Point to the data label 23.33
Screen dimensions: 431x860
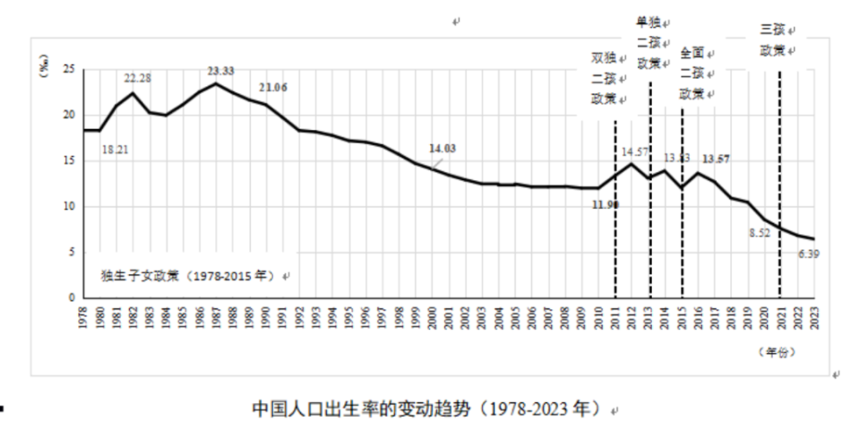(x=220, y=71)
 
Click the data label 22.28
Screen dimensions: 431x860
(x=137, y=78)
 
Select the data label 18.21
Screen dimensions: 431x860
(x=115, y=150)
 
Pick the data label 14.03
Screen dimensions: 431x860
(x=443, y=149)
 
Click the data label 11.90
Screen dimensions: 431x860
(x=606, y=203)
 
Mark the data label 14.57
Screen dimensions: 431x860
(x=635, y=151)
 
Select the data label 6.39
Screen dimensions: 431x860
(x=810, y=254)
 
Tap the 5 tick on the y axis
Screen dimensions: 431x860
(x=71, y=252)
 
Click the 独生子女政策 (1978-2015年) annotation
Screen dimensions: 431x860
(x=191, y=276)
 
